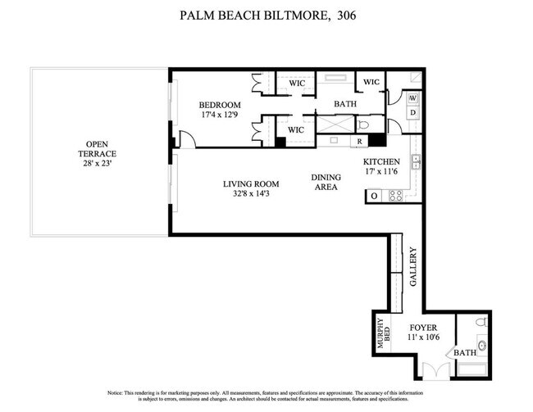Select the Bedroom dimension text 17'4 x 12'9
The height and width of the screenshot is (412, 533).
pyautogui.click(x=219, y=115)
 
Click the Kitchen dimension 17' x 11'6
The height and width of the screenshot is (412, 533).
pyautogui.click(x=381, y=173)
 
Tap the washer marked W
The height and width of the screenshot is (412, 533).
pyautogui.click(x=413, y=98)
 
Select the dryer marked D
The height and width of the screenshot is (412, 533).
pyautogui.click(x=413, y=112)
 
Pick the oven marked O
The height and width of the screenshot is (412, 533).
pyautogui.click(x=374, y=196)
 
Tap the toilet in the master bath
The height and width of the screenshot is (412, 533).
pyautogui.click(x=364, y=125)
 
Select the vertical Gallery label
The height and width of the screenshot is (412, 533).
pyautogui.click(x=413, y=266)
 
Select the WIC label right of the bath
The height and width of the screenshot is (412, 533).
pyautogui.click(x=371, y=82)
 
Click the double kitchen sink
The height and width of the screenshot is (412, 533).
pyautogui.click(x=416, y=161)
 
